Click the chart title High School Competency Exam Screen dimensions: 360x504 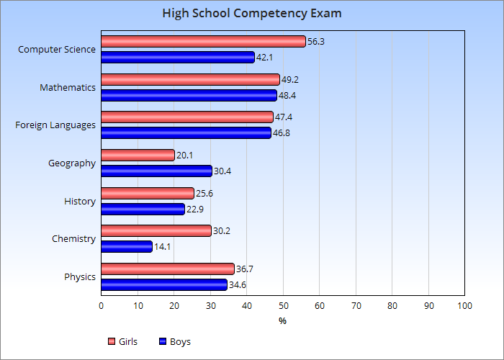pos(252,13)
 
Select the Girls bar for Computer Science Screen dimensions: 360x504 pos(203,42)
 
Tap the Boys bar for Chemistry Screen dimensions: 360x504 pos(127,246)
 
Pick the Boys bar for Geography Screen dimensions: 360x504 pos(156,171)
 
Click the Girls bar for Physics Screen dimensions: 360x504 pos(168,269)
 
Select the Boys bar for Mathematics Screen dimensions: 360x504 pos(189,95)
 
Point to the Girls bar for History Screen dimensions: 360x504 pos(148,193)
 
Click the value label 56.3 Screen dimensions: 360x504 pos(316,42)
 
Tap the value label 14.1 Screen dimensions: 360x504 pos(163,246)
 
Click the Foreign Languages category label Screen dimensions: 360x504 pos(55,125)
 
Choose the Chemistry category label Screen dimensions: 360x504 pos(73,238)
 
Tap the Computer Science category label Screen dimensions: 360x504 pos(57,50)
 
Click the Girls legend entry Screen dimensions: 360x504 pos(122,341)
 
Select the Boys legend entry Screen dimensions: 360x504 pos(175,341)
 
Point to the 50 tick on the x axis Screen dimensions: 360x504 pos(283,306)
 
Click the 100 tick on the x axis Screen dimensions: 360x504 pos(464,306)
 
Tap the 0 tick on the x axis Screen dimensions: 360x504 pos(101,306)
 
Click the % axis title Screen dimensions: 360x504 pos(283,321)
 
